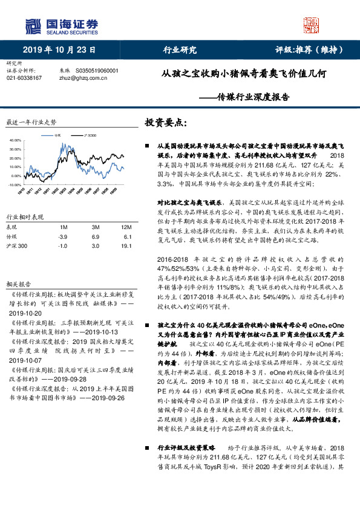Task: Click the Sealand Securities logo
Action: (x=61, y=26)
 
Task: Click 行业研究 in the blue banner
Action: (x=180, y=50)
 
